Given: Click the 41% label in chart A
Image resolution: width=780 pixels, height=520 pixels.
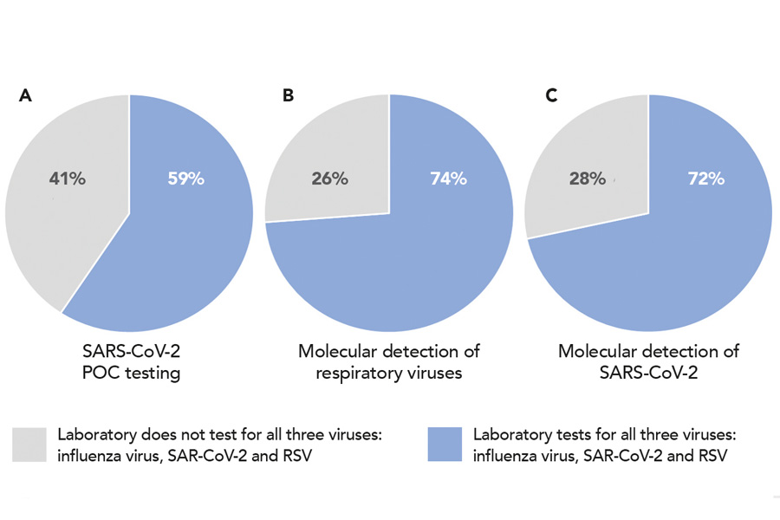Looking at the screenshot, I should click(x=67, y=179).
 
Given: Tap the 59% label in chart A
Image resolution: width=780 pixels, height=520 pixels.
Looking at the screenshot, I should click(x=185, y=179).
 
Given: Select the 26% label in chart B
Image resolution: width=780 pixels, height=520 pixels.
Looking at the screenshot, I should click(x=329, y=179).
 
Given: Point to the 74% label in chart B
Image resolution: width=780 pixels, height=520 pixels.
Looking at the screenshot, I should click(x=448, y=179).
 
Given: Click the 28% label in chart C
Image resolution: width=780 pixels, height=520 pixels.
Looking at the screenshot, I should click(x=588, y=179).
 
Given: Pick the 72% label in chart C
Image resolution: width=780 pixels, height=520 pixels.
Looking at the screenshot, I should click(x=706, y=179).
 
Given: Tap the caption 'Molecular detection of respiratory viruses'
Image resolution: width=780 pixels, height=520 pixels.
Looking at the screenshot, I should click(x=389, y=361).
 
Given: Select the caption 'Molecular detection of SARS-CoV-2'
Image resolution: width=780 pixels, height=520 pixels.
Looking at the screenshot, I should click(x=648, y=361).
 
